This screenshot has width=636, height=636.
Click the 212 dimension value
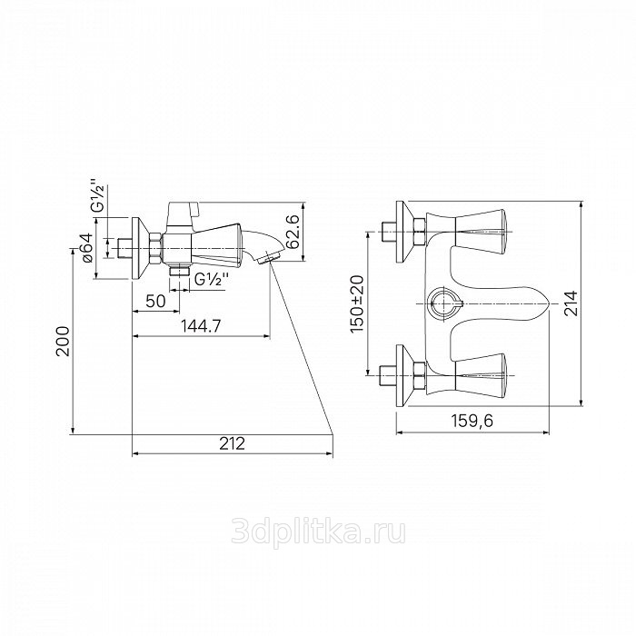pos(233,443)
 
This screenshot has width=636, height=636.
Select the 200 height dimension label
pos(63,341)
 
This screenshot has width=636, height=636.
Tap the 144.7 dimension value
pos(201,325)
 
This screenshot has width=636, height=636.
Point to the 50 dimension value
pos(155,301)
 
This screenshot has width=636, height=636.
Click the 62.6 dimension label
pos(292,233)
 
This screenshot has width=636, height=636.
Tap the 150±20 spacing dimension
pos(358,303)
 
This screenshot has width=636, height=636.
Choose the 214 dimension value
pos(571,303)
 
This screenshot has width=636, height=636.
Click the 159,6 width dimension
pos(472,421)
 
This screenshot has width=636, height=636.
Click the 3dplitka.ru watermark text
pos(318,532)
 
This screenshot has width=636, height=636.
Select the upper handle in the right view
pos(481,233)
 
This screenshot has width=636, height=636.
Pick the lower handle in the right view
pos(481,375)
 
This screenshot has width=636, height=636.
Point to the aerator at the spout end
pos(268,258)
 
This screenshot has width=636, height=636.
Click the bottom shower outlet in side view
pos(179,271)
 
